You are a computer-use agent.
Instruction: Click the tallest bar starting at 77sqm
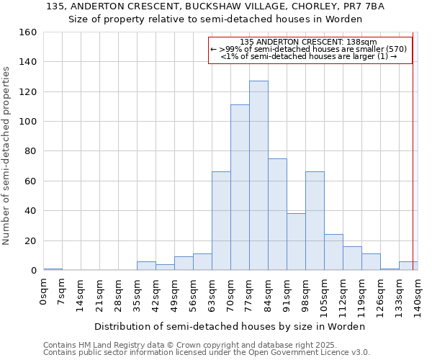258,176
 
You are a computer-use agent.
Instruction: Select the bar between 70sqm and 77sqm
240,187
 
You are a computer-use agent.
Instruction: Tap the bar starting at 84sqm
277,215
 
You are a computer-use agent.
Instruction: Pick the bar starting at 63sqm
221,221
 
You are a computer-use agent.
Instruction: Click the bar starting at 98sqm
315,221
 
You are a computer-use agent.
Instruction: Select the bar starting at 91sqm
296,242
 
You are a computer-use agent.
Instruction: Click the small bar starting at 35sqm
146,266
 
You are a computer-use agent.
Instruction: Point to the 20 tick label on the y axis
30,241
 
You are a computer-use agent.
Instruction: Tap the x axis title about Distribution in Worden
230,326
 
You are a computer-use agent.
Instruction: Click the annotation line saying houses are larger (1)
308,56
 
